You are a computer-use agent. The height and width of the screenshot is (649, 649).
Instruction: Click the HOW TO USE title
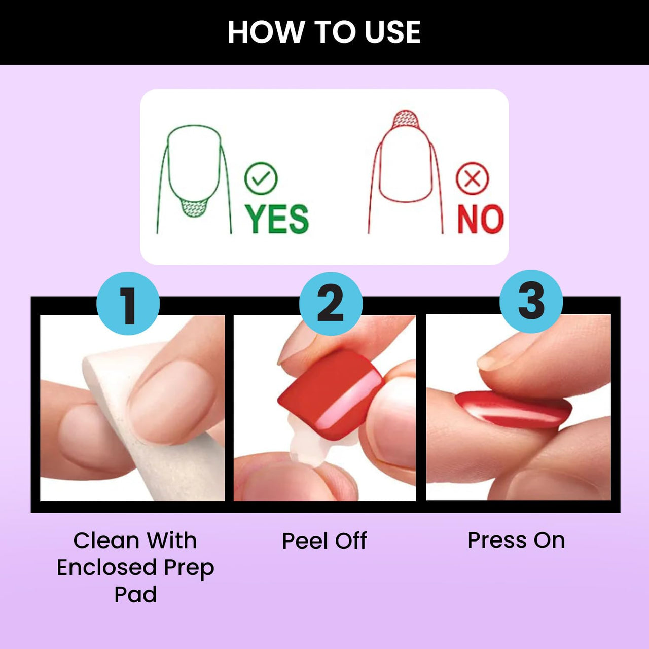tap(324, 32)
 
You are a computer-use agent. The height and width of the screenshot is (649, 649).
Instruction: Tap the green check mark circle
tap(261, 178)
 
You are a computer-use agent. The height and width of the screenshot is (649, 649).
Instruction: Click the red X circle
tap(473, 178)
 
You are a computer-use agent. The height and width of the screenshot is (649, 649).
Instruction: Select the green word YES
tap(276, 219)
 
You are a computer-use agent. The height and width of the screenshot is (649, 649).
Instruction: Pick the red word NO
tap(481, 219)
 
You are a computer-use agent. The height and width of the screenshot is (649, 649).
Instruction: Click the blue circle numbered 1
tap(128, 303)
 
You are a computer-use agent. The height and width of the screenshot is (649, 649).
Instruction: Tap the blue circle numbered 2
tap(331, 303)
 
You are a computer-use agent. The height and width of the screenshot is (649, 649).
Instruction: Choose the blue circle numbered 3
tap(531, 302)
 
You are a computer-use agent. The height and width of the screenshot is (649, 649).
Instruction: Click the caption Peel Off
tap(324, 540)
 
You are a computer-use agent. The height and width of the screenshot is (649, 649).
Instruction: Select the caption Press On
tap(516, 540)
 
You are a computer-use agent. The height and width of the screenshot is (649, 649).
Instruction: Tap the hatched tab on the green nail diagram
tap(194, 207)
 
